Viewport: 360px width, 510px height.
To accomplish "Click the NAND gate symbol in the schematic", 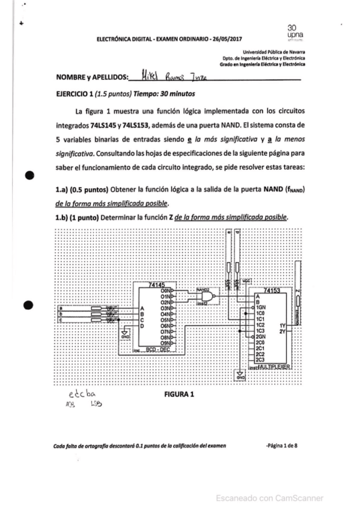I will [208, 298].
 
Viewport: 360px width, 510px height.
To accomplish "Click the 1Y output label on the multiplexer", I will [282, 325].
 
